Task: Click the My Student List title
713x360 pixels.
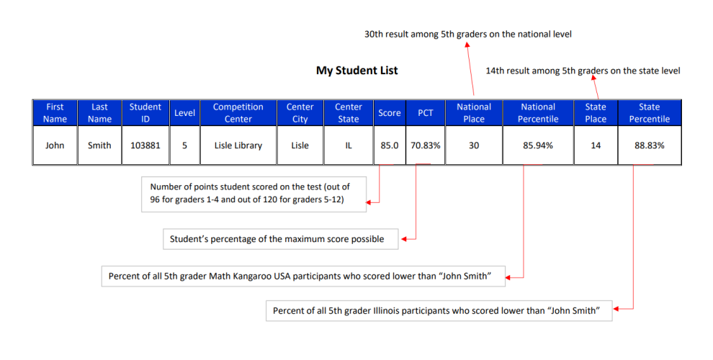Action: (357, 71)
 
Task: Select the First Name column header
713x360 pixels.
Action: (55, 113)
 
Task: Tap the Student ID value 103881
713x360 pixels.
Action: (145, 145)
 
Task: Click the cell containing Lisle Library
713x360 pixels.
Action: (238, 145)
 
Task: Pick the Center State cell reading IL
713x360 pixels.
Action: (349, 145)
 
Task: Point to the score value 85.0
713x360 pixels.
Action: (390, 145)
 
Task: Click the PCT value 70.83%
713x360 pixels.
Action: (426, 145)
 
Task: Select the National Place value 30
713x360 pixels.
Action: (474, 145)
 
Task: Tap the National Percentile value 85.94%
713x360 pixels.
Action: (538, 145)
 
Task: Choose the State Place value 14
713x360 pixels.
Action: (596, 145)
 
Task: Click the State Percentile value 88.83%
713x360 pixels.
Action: (650, 145)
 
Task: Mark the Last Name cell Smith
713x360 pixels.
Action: (99, 145)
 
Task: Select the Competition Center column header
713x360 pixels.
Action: (238, 113)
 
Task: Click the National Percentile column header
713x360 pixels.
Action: (538, 113)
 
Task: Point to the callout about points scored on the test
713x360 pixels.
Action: (254, 194)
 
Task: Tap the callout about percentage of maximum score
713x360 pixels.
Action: (281, 239)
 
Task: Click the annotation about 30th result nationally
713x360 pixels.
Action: (468, 34)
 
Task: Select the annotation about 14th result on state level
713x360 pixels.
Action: (583, 71)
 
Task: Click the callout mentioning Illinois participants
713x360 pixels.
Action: (439, 310)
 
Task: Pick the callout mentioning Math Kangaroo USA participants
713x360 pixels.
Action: (303, 276)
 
